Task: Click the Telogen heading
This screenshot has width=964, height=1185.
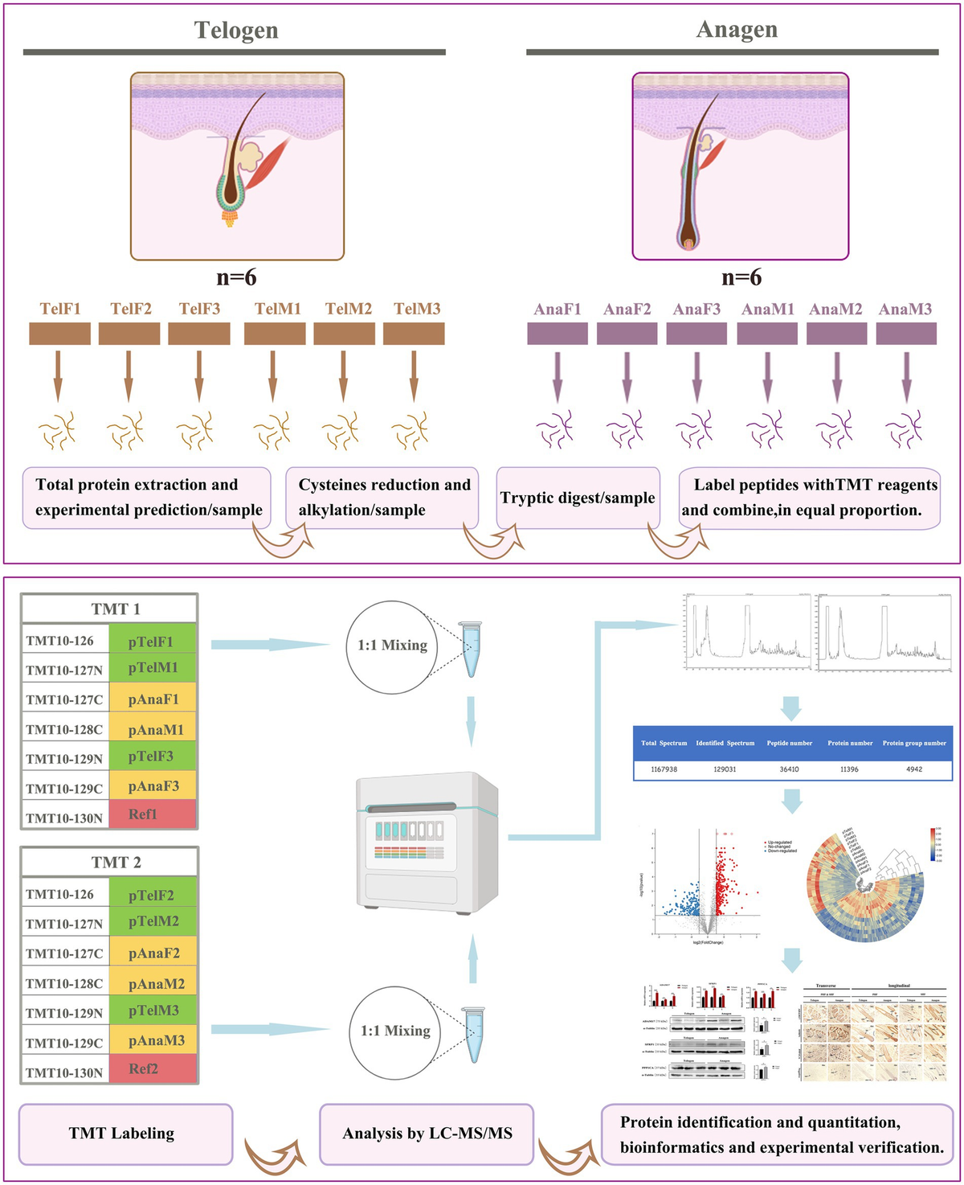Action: (x=236, y=31)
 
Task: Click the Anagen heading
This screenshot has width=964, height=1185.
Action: (x=737, y=30)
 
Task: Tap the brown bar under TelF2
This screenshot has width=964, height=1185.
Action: (x=129, y=334)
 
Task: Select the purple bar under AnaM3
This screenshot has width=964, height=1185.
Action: (x=906, y=334)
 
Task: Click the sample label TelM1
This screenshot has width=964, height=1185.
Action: (x=278, y=309)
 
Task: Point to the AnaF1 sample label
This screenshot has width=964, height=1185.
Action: (x=558, y=310)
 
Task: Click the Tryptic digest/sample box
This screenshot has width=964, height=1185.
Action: (x=578, y=498)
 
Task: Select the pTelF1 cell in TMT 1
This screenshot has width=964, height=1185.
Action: (x=152, y=641)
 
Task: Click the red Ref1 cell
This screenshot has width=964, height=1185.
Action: (x=152, y=814)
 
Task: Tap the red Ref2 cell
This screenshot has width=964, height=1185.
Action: (x=152, y=1069)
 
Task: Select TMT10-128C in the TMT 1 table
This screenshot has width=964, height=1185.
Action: (x=64, y=729)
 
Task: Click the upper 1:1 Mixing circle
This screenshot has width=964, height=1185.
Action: (x=392, y=646)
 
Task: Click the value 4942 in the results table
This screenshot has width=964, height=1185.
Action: (x=914, y=769)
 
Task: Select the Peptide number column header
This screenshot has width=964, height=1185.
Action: (x=789, y=743)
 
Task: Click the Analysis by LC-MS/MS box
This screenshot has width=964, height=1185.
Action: (x=427, y=1134)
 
